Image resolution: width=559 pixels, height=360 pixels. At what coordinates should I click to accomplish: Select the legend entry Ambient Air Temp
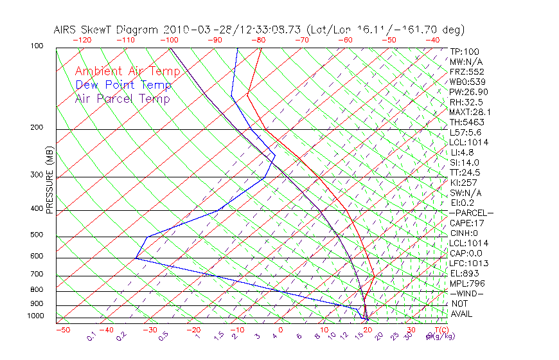(x=123, y=71)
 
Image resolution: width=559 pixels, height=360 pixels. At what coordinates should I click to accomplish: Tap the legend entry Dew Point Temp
(x=123, y=85)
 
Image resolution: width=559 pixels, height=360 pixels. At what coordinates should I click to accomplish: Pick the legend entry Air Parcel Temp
(x=122, y=98)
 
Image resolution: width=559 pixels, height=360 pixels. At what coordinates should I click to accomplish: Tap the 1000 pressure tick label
(x=36, y=316)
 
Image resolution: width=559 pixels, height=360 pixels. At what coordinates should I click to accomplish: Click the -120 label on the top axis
(x=82, y=39)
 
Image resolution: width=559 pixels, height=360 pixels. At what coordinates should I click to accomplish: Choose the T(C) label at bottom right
(x=439, y=330)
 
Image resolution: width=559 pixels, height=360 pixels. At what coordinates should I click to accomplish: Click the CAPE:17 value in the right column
(x=467, y=223)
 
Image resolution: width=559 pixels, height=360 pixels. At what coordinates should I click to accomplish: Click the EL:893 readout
(x=465, y=273)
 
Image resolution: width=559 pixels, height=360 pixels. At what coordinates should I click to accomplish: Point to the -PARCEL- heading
(x=471, y=213)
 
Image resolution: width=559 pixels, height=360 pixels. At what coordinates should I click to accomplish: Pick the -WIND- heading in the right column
(x=466, y=293)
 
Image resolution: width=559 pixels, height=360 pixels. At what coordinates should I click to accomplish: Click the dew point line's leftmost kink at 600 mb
(x=136, y=258)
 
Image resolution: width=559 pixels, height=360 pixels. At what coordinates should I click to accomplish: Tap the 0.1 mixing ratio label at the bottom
(x=91, y=336)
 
